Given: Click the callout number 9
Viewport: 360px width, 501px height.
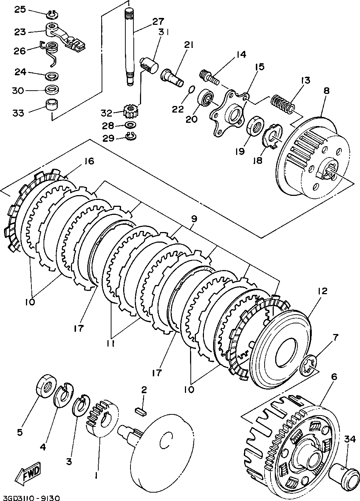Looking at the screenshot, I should pyautogui.click(x=193, y=219).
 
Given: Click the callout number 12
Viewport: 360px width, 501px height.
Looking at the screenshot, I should pyautogui.click(x=322, y=291).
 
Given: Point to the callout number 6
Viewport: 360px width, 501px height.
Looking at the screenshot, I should pyautogui.click(x=333, y=376).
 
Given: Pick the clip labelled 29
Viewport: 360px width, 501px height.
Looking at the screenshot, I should pyautogui.click(x=130, y=137).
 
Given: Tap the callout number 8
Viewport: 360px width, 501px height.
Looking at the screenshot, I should pyautogui.click(x=326, y=91).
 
